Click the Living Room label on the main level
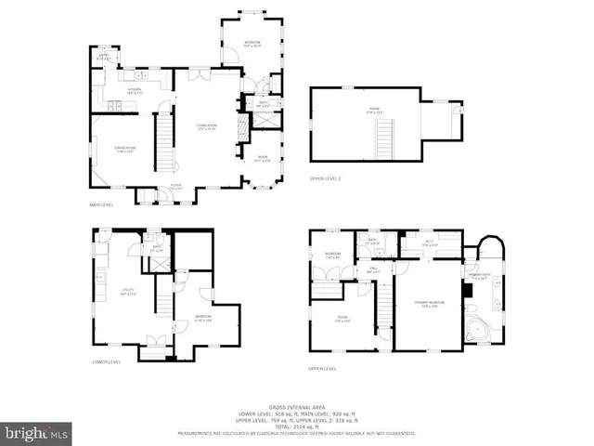click(206, 126)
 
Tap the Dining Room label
click(115, 151)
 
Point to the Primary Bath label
click(480, 277)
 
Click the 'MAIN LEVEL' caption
click(100, 204)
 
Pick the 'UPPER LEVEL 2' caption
click(326, 178)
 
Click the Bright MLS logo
click(37, 433)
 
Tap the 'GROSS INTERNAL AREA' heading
click(296, 407)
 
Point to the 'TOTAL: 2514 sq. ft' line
click(296, 426)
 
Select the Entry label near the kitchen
click(104, 58)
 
